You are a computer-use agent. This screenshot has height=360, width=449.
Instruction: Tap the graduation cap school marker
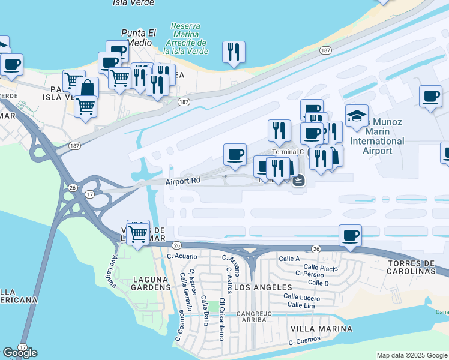click(x=357, y=116)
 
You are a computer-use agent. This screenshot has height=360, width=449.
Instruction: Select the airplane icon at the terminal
click(x=299, y=180)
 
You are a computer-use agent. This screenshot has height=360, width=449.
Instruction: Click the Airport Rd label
click(x=184, y=180)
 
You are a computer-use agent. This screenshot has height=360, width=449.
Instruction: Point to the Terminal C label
click(x=288, y=152)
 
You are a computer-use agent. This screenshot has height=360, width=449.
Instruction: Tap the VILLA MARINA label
click(x=321, y=329)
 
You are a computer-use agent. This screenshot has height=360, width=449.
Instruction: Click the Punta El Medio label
click(x=139, y=37)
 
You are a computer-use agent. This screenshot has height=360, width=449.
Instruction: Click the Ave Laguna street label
click(x=112, y=271)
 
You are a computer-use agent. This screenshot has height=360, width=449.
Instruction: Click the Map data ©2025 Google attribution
click(x=412, y=355)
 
